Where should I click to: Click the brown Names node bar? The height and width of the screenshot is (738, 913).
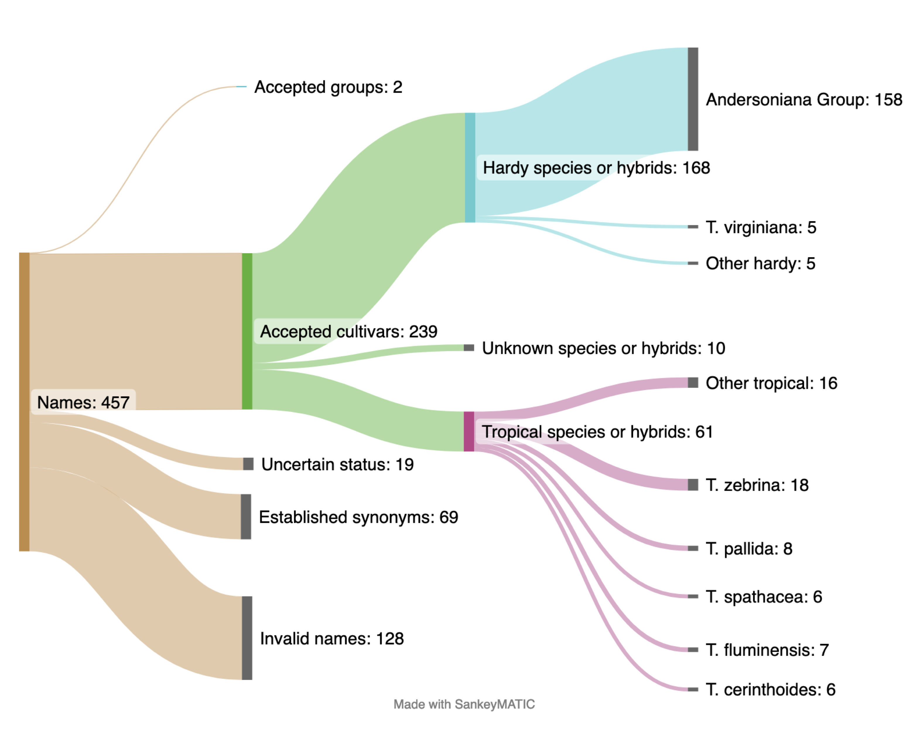tap(24, 402)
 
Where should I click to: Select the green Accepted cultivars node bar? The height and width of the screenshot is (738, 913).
tap(247, 331)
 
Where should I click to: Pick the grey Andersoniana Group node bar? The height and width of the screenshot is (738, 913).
tap(693, 99)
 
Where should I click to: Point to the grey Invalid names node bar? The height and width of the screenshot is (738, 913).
tap(247, 638)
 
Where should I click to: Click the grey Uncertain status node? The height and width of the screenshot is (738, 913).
tap(248, 464)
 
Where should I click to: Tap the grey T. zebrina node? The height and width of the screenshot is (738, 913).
tap(693, 485)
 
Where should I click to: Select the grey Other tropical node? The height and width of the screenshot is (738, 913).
tap(693, 382)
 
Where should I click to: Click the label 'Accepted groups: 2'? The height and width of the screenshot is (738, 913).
tap(328, 87)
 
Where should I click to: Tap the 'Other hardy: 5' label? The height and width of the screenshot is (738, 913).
tap(760, 264)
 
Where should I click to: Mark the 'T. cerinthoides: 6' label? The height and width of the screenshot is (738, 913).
tap(770, 689)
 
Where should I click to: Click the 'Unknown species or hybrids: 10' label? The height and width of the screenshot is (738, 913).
tap(603, 348)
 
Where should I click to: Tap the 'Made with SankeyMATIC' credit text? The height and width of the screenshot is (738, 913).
tap(464, 704)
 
